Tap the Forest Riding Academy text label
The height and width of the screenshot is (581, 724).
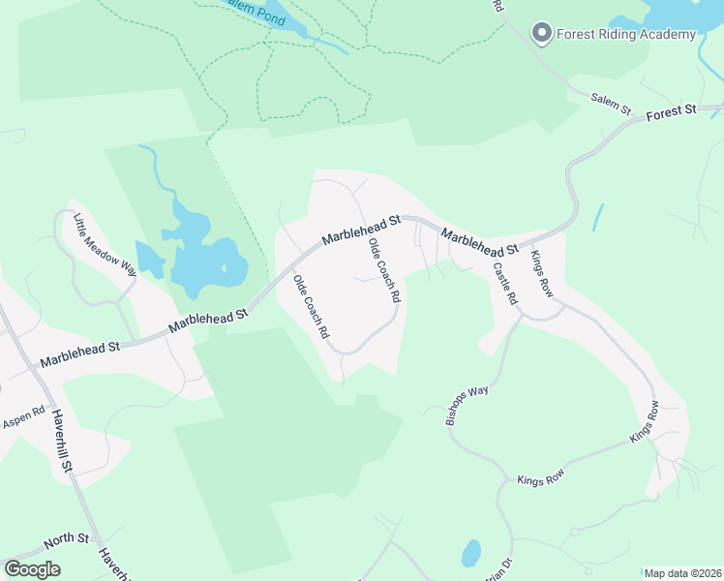click(x=625, y=35)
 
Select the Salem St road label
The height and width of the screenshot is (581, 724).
click(x=611, y=102)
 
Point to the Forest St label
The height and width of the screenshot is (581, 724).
click(x=672, y=112)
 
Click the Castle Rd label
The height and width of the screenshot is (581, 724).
click(x=505, y=285)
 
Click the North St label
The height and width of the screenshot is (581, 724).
click(x=68, y=538)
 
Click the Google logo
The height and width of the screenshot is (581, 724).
click(x=32, y=569)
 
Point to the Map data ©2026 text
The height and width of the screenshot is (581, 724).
click(x=682, y=573)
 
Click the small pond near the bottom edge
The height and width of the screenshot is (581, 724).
click(x=470, y=554)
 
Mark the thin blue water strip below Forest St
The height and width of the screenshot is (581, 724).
click(x=598, y=216)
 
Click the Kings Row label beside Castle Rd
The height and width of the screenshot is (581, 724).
click(x=539, y=273)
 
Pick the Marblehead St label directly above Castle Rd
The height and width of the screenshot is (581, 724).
click(x=480, y=242)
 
